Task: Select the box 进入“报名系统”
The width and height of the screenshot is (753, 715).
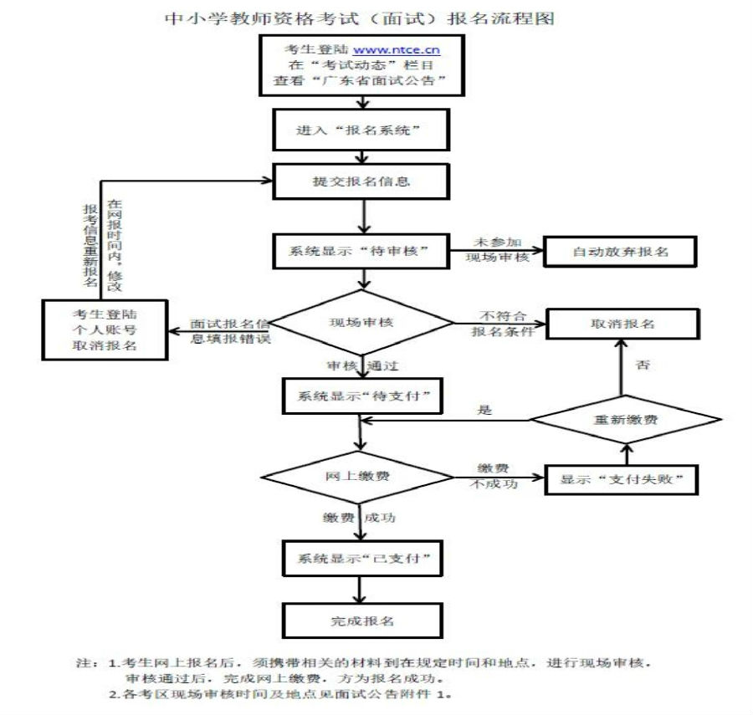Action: [x=361, y=132]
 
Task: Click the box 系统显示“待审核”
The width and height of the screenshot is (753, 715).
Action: [x=361, y=250]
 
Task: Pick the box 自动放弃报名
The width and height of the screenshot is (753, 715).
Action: [x=620, y=251]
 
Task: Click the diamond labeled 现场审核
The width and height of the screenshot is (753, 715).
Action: [x=361, y=321]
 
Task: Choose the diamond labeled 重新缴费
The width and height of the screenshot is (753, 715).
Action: [x=624, y=419]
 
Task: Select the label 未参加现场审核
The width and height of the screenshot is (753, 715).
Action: [x=497, y=249]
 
